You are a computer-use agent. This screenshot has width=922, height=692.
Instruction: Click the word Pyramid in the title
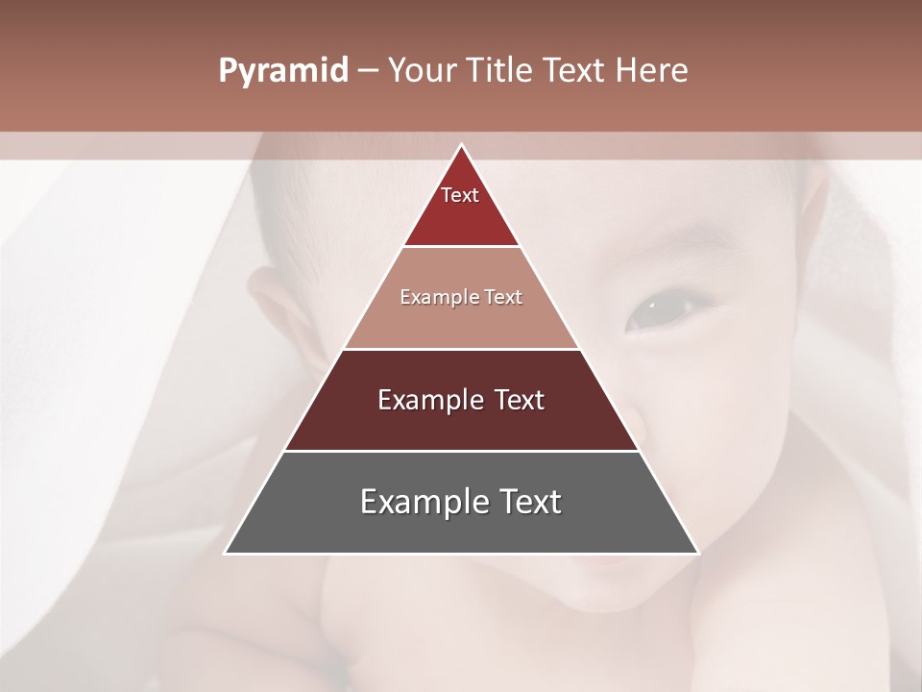tap(282, 71)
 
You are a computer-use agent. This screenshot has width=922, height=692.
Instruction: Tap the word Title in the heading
tap(502, 71)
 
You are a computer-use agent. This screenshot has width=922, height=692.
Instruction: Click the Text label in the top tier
tap(460, 195)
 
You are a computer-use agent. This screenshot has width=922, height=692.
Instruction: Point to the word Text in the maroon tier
tap(520, 400)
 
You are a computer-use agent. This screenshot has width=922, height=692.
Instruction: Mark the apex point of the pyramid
tap(461, 145)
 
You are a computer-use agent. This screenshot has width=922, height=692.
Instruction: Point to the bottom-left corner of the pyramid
tap(226, 553)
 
